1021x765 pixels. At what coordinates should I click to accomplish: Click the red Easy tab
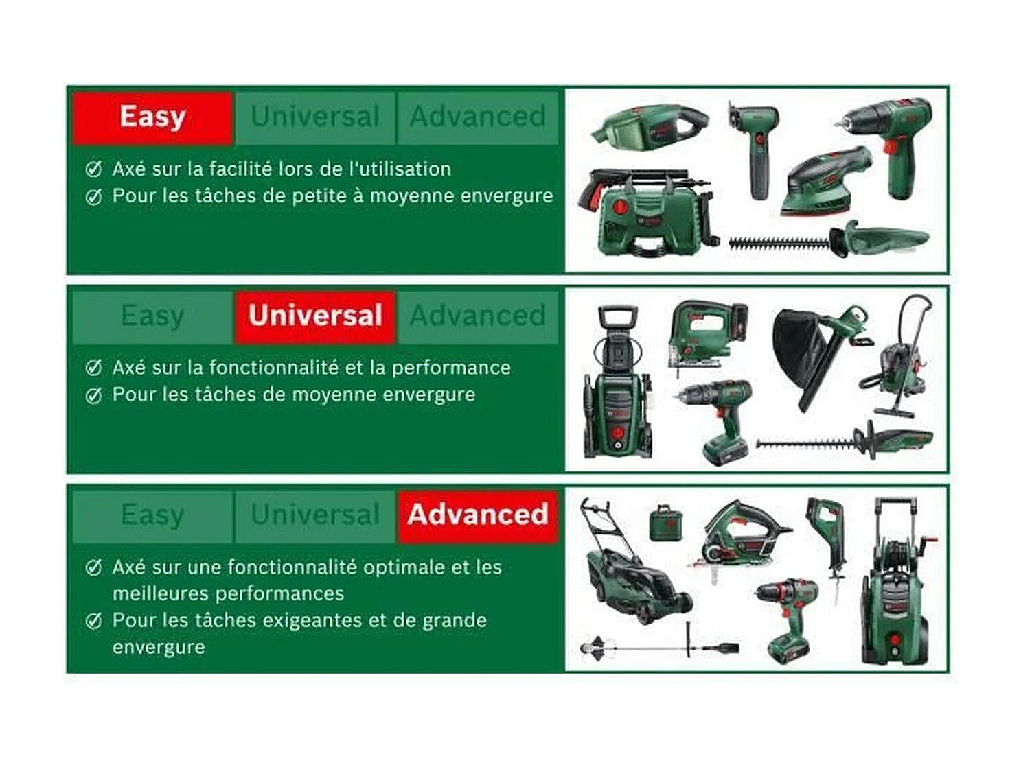(x=152, y=117)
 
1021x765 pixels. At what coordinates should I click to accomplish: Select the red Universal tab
(x=315, y=316)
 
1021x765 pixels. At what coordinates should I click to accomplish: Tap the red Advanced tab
(x=478, y=515)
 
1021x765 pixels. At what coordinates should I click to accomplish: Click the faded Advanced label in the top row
(x=478, y=117)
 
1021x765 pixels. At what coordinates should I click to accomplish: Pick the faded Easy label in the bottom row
(x=152, y=515)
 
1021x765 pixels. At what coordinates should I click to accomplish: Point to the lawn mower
(x=632, y=569)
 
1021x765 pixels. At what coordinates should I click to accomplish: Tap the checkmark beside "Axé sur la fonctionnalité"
(x=93, y=368)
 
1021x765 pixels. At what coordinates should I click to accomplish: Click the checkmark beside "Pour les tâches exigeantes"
(x=93, y=622)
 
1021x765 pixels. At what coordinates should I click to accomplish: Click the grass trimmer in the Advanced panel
(x=659, y=646)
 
